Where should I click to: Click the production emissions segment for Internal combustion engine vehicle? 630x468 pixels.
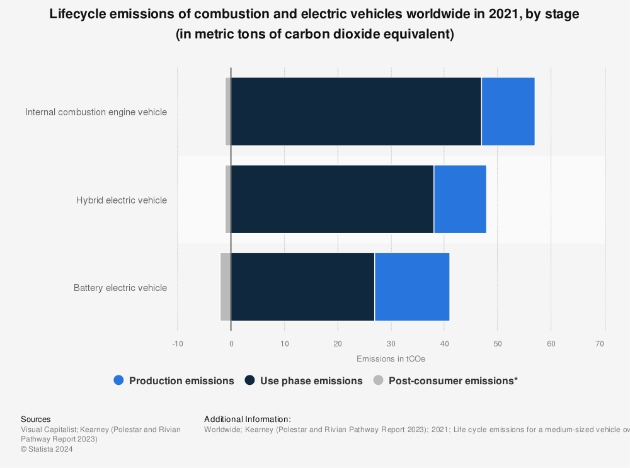point(508,111)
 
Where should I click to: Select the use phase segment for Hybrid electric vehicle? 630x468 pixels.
point(332,199)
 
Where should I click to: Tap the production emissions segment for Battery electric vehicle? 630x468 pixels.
point(412,287)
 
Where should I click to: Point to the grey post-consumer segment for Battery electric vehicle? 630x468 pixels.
point(226,287)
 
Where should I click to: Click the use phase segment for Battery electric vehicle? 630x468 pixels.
point(302,287)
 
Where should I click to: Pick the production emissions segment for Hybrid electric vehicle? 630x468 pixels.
point(460,199)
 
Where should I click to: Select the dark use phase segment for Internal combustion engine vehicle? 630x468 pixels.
point(356,111)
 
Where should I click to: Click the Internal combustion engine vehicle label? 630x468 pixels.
point(96,112)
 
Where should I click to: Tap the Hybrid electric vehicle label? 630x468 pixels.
point(122,200)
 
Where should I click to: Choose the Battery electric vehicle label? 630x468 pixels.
point(120,288)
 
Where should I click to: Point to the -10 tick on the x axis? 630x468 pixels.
point(178,344)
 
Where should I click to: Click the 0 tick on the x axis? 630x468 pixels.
point(231,344)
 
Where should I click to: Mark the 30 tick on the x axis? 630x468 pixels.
point(391,344)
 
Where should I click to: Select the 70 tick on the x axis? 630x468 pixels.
point(600,344)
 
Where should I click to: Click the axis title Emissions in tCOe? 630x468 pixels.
point(391,359)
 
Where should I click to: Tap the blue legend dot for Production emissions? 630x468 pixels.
point(119,380)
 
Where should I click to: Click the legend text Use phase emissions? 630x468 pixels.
point(311,380)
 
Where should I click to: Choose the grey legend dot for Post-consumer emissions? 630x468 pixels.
point(378,380)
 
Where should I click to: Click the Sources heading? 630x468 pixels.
point(36,419)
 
